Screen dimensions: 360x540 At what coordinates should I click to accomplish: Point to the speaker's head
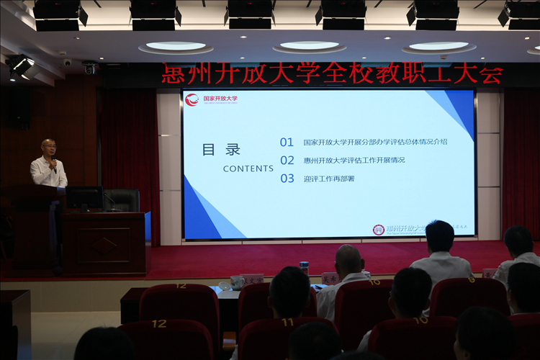click(x=48, y=148)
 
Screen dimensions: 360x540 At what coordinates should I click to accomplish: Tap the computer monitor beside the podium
click(x=84, y=197)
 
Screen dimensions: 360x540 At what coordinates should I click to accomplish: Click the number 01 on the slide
click(x=287, y=143)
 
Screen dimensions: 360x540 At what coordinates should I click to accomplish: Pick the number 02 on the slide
click(x=287, y=161)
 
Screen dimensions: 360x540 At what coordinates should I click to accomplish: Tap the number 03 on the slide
click(x=287, y=179)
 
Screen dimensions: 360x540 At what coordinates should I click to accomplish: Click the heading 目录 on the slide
click(x=221, y=150)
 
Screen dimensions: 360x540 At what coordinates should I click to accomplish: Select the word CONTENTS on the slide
click(x=248, y=168)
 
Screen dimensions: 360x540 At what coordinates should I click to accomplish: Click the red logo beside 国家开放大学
click(x=192, y=100)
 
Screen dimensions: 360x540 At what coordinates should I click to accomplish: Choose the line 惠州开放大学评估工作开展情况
click(x=354, y=161)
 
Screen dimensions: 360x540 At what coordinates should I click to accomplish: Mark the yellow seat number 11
click(x=287, y=322)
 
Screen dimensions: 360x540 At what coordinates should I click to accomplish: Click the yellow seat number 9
click(x=471, y=279)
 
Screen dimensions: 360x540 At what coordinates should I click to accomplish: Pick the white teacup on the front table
click(x=236, y=282)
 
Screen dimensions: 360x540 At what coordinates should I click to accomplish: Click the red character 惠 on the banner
click(x=173, y=74)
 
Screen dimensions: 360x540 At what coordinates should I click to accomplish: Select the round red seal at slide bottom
click(x=378, y=230)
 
